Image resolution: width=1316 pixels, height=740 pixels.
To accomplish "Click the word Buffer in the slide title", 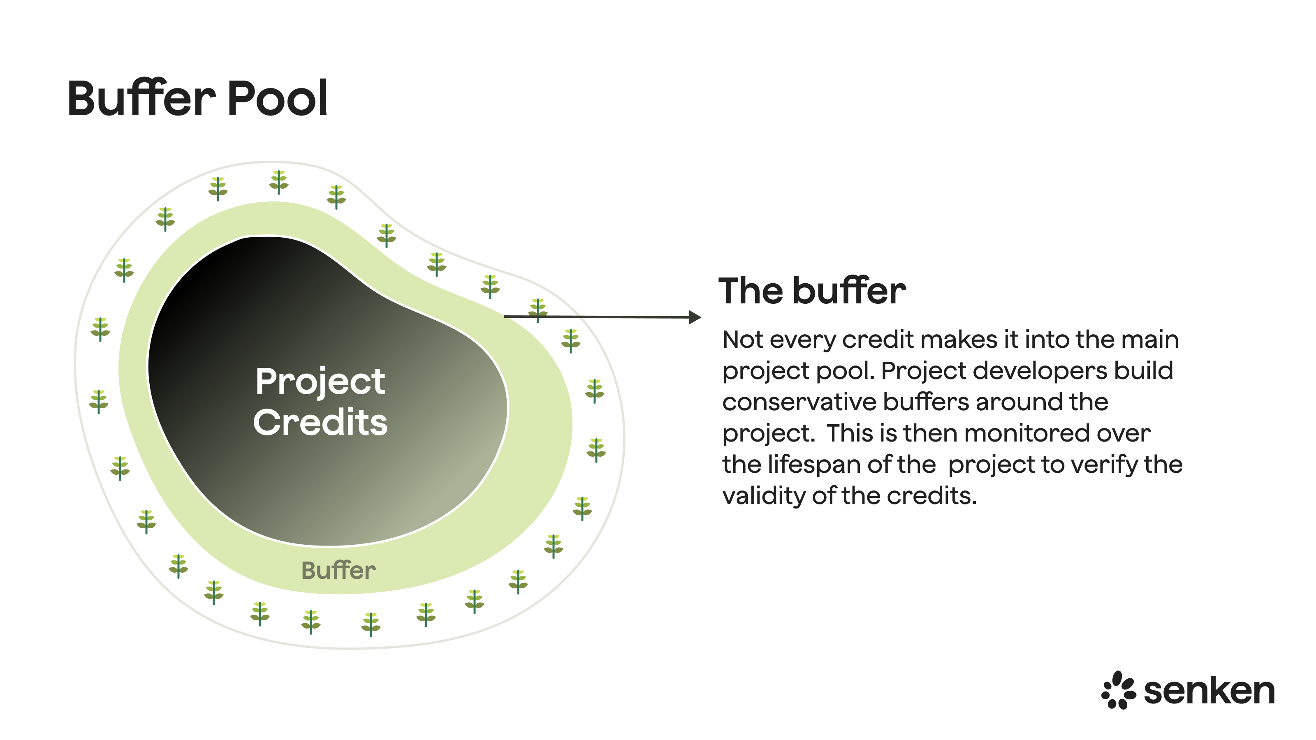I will point(141,98).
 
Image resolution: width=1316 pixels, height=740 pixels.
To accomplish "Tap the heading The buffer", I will point(812,291).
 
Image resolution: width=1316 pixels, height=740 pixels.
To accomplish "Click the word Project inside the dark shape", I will point(320,382).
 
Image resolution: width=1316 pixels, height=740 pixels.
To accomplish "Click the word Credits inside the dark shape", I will point(320,423).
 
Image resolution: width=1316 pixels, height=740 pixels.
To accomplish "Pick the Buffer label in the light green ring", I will point(338,571).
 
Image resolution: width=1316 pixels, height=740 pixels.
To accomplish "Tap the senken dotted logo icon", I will point(1118,691).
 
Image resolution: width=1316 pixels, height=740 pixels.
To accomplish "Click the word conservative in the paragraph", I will point(799,402).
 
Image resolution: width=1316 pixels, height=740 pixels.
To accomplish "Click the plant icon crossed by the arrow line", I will point(538,310).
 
